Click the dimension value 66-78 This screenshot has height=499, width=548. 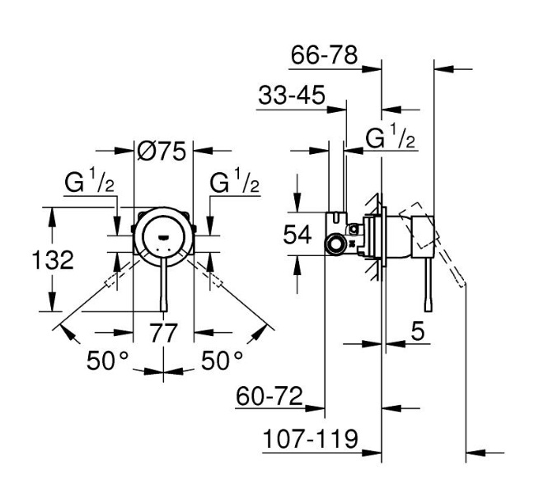tap(326, 56)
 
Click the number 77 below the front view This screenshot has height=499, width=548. tap(163, 333)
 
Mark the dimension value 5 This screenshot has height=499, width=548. tap(417, 332)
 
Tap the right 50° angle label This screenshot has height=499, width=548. tap(222, 360)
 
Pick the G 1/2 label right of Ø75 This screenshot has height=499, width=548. tap(236, 184)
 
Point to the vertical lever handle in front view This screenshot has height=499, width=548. tap(163, 284)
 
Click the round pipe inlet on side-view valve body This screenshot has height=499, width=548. tap(335, 244)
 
